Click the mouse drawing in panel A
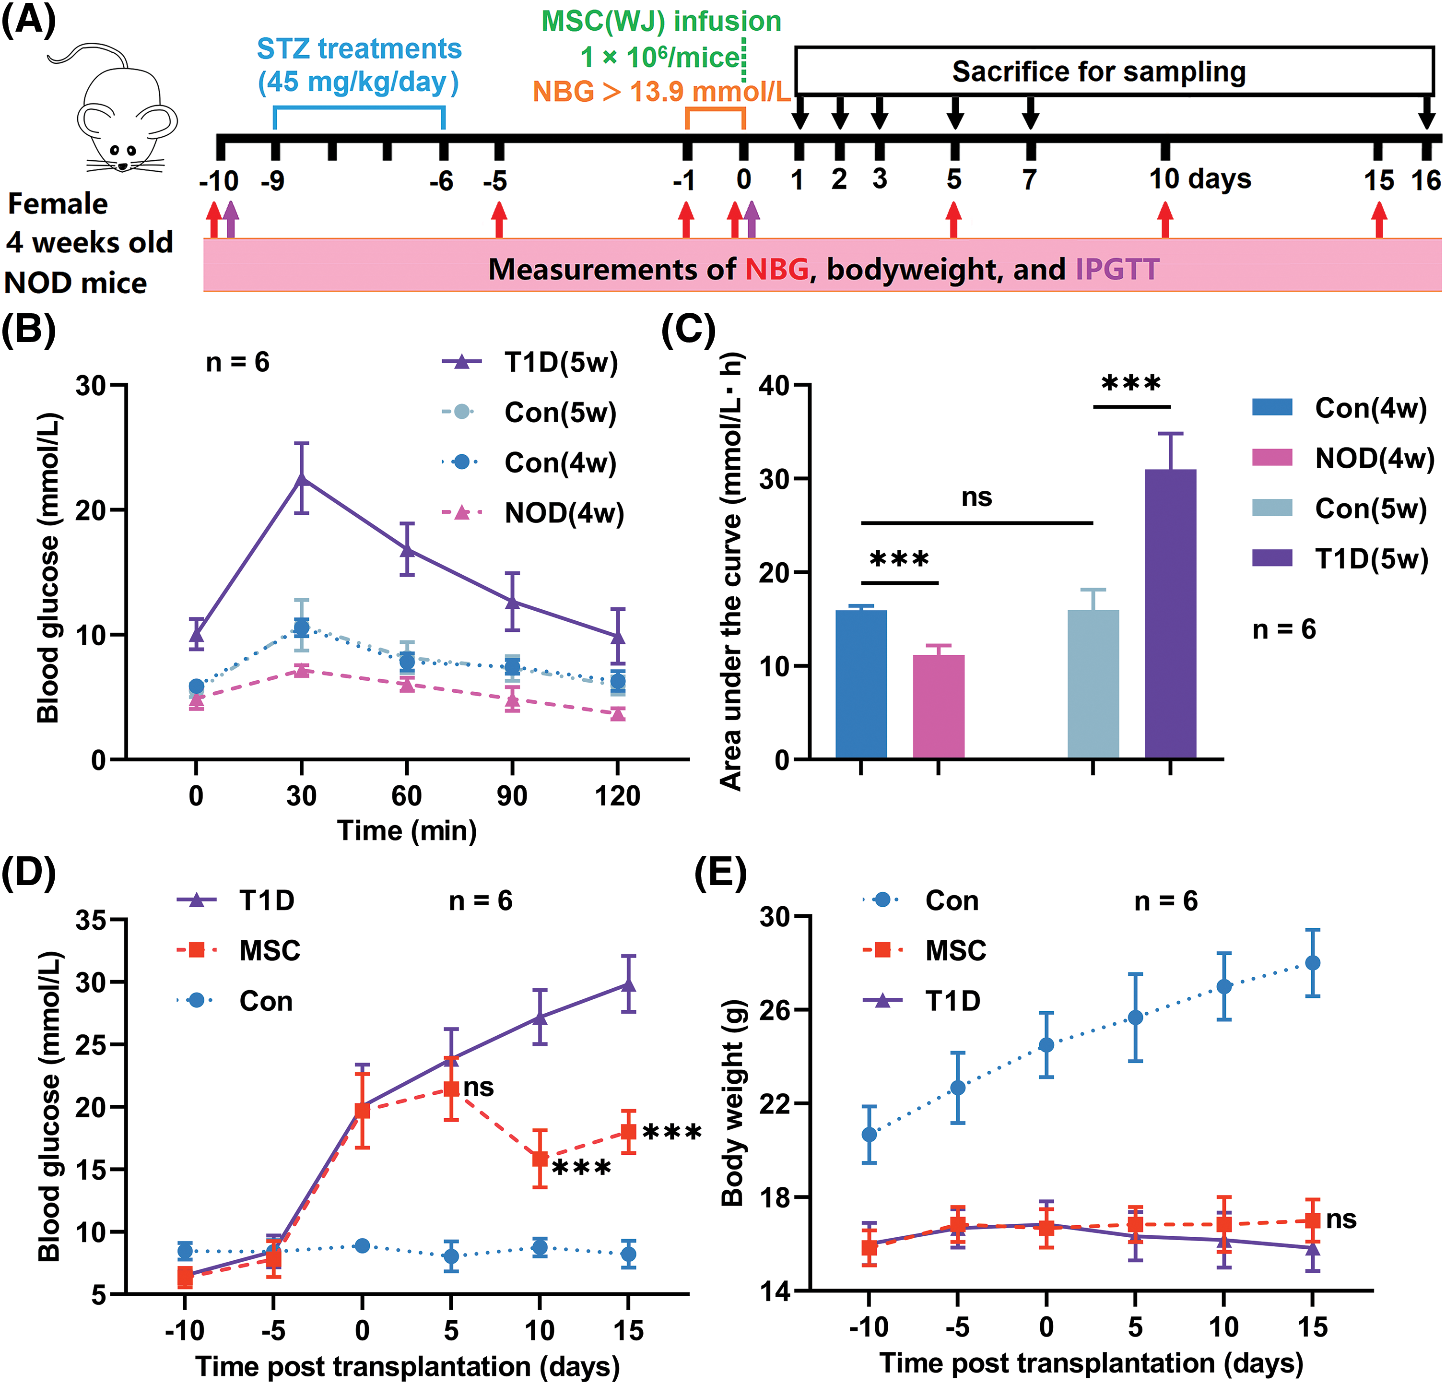pyautogui.click(x=122, y=111)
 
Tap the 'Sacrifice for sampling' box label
pyautogui.click(x=1098, y=71)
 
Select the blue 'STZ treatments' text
pyautogui.click(x=359, y=49)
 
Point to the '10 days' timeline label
pyautogui.click(x=1199, y=179)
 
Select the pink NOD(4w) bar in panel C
pyautogui.click(x=939, y=706)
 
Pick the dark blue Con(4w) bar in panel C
pyautogui.click(x=861, y=684)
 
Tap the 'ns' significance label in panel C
pyautogui.click(x=976, y=497)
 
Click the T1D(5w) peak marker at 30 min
pyautogui.click(x=302, y=478)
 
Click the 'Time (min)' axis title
pyautogui.click(x=407, y=831)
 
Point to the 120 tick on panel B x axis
pyautogui.click(x=618, y=795)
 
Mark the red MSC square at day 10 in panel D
pyautogui.click(x=540, y=1159)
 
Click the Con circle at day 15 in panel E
pyautogui.click(x=1313, y=963)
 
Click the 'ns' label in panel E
pyautogui.click(x=1341, y=1219)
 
